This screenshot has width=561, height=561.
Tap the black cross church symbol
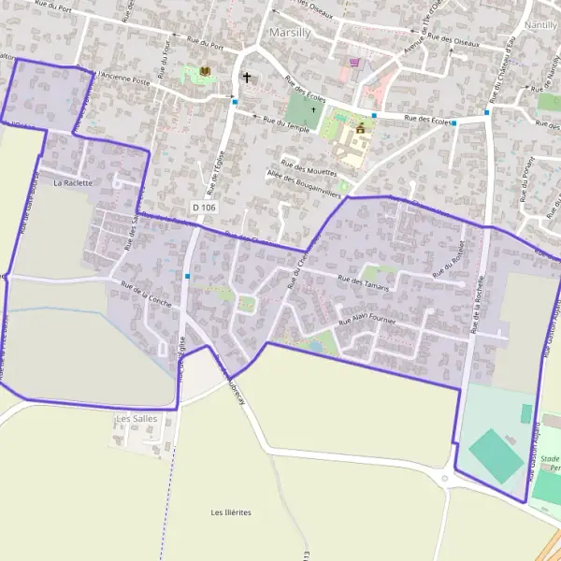pyautogui.click(x=247, y=78)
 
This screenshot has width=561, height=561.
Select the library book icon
pyautogui.click(x=205, y=71)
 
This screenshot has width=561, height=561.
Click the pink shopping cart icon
pyautogui.click(x=353, y=63)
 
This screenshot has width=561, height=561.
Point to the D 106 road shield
pyautogui.click(x=203, y=206)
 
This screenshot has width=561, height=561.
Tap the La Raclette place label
pyautogui.click(x=73, y=182)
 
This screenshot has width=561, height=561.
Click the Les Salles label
pyautogui.click(x=137, y=419)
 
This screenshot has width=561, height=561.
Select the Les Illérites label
pyautogui.click(x=231, y=512)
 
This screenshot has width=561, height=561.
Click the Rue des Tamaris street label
pyautogui.click(x=363, y=281)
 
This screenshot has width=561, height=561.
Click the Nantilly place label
pyautogui.click(x=541, y=24)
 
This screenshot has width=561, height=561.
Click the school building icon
pyautogui.click(x=361, y=128)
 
